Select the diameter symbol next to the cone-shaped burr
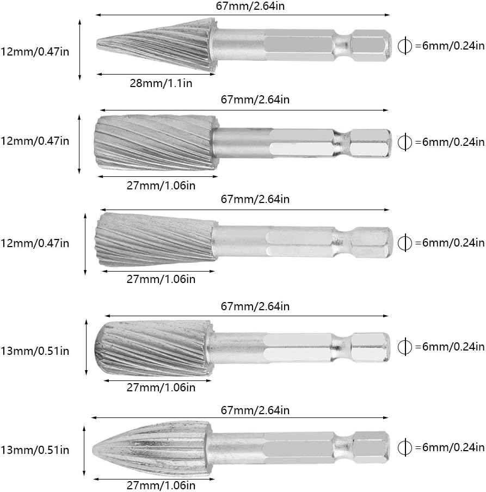coord(404,46)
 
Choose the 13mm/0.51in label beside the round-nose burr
coord(35,351)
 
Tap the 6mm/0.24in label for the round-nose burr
coord(450,347)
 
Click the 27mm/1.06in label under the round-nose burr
coord(161,388)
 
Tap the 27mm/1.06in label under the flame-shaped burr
coord(161,485)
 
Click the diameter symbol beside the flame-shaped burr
coord(404,447)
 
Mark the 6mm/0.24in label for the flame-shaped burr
coord(450,447)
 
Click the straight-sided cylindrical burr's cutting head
coord(155,143)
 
